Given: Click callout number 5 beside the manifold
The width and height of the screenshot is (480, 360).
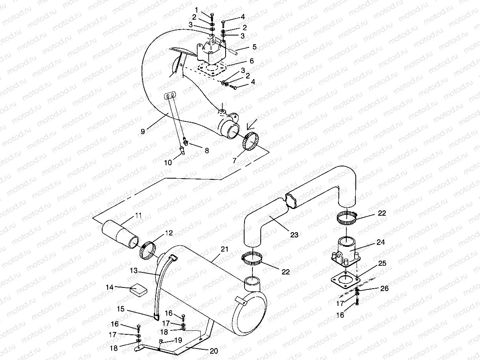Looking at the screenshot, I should pyautogui.click(x=254, y=47).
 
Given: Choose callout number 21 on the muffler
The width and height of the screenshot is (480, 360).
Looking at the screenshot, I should pyautogui.click(x=224, y=249).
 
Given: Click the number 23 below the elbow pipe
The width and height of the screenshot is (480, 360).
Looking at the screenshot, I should pyautogui.click(x=294, y=235).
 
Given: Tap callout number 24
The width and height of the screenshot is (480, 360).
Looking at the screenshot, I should pyautogui.click(x=381, y=242).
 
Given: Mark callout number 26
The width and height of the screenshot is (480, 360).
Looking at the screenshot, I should pyautogui.click(x=384, y=289).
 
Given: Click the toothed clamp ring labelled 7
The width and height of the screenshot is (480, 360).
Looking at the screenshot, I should pyautogui.click(x=251, y=142).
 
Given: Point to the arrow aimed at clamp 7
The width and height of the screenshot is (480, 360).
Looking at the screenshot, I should pyautogui.click(x=250, y=126).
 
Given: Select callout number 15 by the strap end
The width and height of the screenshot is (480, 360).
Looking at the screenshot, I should pyautogui.click(x=121, y=309).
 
